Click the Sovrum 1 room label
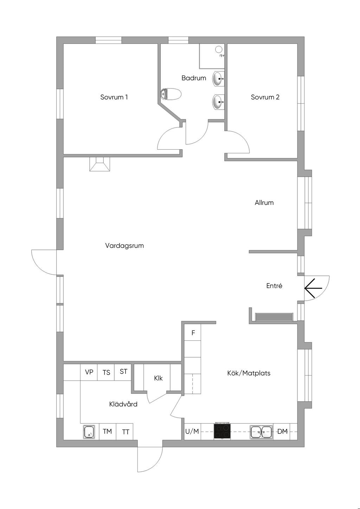click(x=114, y=97)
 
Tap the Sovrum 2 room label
click(x=265, y=97)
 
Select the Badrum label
click(x=194, y=78)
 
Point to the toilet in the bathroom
click(x=171, y=94)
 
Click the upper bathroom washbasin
click(x=218, y=79)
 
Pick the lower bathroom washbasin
click(x=218, y=102)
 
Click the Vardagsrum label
click(x=124, y=246)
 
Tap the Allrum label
click(x=264, y=203)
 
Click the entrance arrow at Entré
click(x=313, y=288)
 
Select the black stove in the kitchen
click(x=222, y=431)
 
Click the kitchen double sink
click(x=261, y=432)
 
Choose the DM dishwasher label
click(x=282, y=431)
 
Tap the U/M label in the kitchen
click(x=192, y=431)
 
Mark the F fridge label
click(x=193, y=333)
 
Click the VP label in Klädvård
click(x=89, y=372)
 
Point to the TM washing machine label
click(x=107, y=431)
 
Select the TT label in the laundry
click(x=126, y=432)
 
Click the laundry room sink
click(x=89, y=432)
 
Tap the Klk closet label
click(x=158, y=378)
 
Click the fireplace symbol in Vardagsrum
click(x=100, y=164)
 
